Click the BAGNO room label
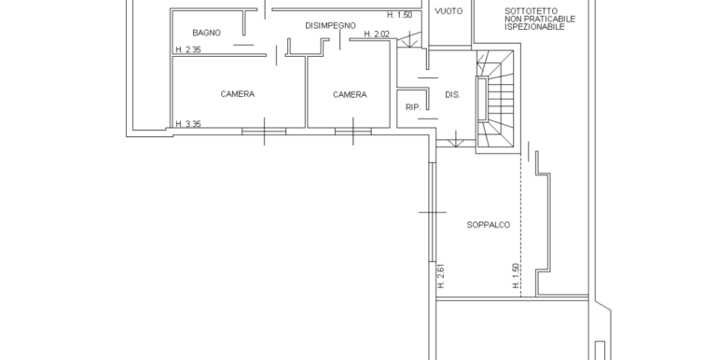click(x=206, y=33)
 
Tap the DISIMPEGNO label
click(x=330, y=26)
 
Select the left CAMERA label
click(x=237, y=94)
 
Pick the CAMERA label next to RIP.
click(x=350, y=95)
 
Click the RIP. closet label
click(x=413, y=107)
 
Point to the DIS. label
click(x=452, y=95)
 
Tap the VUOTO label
click(x=449, y=11)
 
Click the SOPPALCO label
click(x=488, y=225)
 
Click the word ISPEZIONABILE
click(x=534, y=27)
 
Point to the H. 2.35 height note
click(x=188, y=50)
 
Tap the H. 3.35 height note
click(x=188, y=124)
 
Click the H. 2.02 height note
click(x=377, y=35)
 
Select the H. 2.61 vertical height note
click(x=441, y=276)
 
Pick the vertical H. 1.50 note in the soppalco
click(x=516, y=276)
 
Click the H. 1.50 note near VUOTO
click(x=400, y=15)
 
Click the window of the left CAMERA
click(x=264, y=132)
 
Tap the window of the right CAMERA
click(x=353, y=132)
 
